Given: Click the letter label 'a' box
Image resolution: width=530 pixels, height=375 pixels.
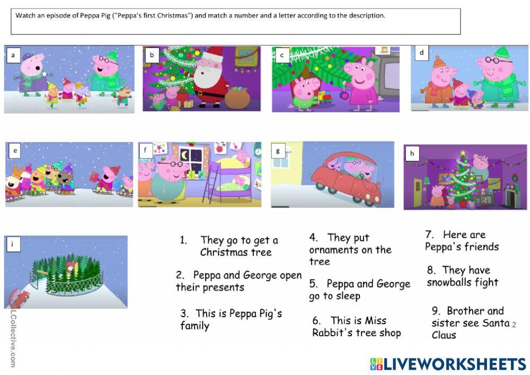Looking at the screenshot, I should pos(13,55).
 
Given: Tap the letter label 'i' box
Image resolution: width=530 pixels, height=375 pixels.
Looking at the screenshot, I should pos(12,245).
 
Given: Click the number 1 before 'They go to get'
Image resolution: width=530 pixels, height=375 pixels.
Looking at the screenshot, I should pos(183,240).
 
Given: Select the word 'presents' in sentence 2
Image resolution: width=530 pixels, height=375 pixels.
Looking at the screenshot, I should pos(223,287).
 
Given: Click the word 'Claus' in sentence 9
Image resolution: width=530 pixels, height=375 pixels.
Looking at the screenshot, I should pos(444,335).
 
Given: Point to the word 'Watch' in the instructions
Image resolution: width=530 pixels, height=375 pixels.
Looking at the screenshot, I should pos(25,15).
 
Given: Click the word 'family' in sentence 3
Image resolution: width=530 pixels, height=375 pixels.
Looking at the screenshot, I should pos(195,326).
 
